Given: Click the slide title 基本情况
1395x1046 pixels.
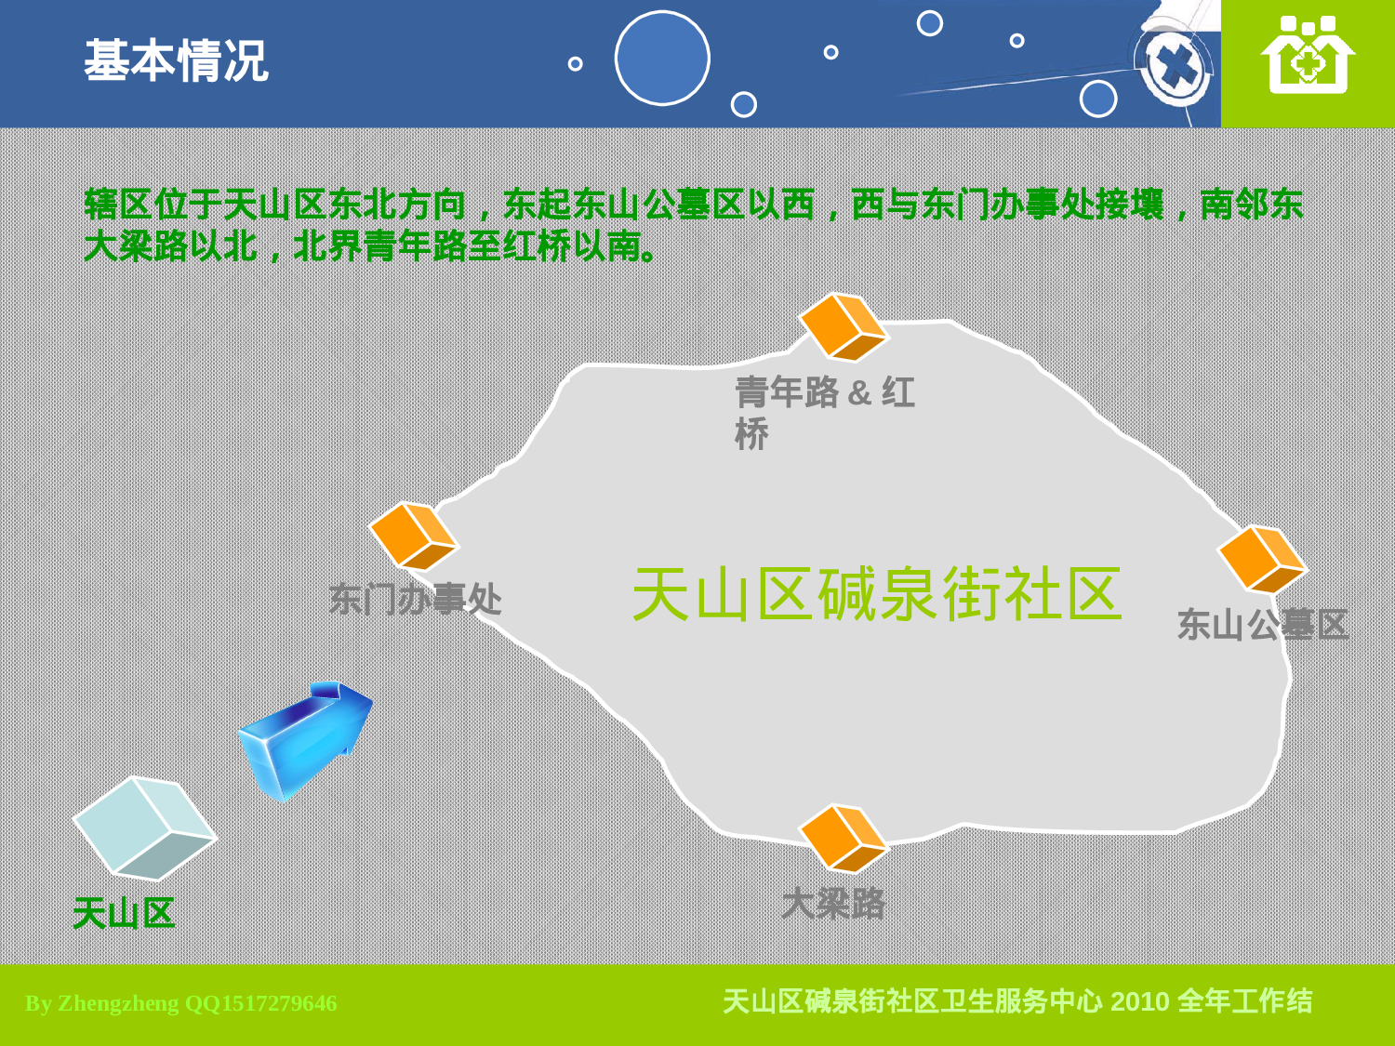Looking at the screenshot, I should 176,61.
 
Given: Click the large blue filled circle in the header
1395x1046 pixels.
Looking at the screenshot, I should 662,58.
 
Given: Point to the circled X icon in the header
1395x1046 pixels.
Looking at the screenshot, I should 1177,67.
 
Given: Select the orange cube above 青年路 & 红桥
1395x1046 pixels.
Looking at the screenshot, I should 844,326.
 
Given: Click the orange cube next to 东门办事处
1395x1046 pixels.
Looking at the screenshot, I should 413,536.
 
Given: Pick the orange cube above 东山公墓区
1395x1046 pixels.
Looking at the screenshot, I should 1262,559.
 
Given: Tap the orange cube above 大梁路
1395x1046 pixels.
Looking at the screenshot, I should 843,838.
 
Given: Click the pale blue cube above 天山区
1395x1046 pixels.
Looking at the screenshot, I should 144,828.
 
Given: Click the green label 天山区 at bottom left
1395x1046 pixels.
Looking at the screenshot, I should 124,913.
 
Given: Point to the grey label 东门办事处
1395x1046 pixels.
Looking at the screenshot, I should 415,600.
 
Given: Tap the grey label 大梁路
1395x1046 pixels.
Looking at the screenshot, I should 833,903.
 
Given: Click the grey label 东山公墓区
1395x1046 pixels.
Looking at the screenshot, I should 1262,625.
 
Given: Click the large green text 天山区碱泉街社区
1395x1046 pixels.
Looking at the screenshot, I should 877,594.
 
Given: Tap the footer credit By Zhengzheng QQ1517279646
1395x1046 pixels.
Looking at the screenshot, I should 181,1003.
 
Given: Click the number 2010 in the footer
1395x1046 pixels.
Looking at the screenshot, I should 1139,1001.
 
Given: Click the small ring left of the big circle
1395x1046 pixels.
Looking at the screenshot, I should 575,64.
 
